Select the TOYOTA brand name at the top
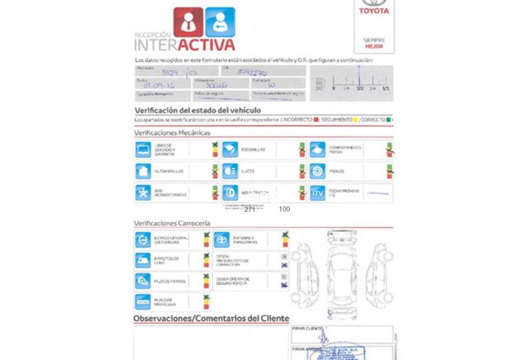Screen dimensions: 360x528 (x=374, y=11)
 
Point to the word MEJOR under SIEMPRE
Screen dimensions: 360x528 (x=374, y=46)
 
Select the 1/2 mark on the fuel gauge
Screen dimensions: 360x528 (x=359, y=88)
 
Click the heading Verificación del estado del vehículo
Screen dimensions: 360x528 (x=197, y=110)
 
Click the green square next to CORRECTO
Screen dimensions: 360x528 (x=389, y=120)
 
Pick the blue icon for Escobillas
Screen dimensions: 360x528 (x=230, y=150)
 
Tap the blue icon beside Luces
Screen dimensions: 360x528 (x=230, y=171)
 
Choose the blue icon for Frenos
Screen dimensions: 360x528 (x=317, y=171)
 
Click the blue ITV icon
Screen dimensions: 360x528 (x=317, y=193)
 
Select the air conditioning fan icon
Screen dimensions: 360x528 (x=143, y=193)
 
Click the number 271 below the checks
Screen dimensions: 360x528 (x=250, y=209)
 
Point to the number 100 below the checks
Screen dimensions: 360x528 (x=284, y=209)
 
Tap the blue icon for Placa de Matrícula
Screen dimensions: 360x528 (x=142, y=302)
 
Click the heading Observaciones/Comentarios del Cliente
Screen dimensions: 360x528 (x=211, y=319)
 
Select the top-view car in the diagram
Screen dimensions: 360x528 (x=341, y=272)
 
